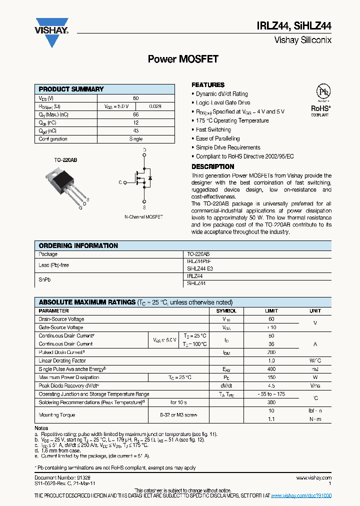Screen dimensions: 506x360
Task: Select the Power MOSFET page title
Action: (x=183, y=59)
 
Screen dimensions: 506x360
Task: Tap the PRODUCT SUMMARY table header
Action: (x=71, y=89)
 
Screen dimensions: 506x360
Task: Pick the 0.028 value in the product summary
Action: (x=155, y=106)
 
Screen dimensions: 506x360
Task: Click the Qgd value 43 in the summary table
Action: (x=135, y=130)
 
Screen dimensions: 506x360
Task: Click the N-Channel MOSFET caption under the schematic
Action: (x=144, y=217)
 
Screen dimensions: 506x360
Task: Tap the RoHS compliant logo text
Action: (x=321, y=108)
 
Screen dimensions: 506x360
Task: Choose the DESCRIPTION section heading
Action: (x=212, y=166)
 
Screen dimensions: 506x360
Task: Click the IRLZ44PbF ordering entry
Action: (x=199, y=261)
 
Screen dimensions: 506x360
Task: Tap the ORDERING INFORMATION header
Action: (x=78, y=245)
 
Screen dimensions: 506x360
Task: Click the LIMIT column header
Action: (x=271, y=310)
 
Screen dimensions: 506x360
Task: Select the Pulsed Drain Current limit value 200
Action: (x=271, y=352)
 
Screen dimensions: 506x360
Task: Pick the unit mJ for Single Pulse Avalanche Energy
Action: (x=315, y=369)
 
